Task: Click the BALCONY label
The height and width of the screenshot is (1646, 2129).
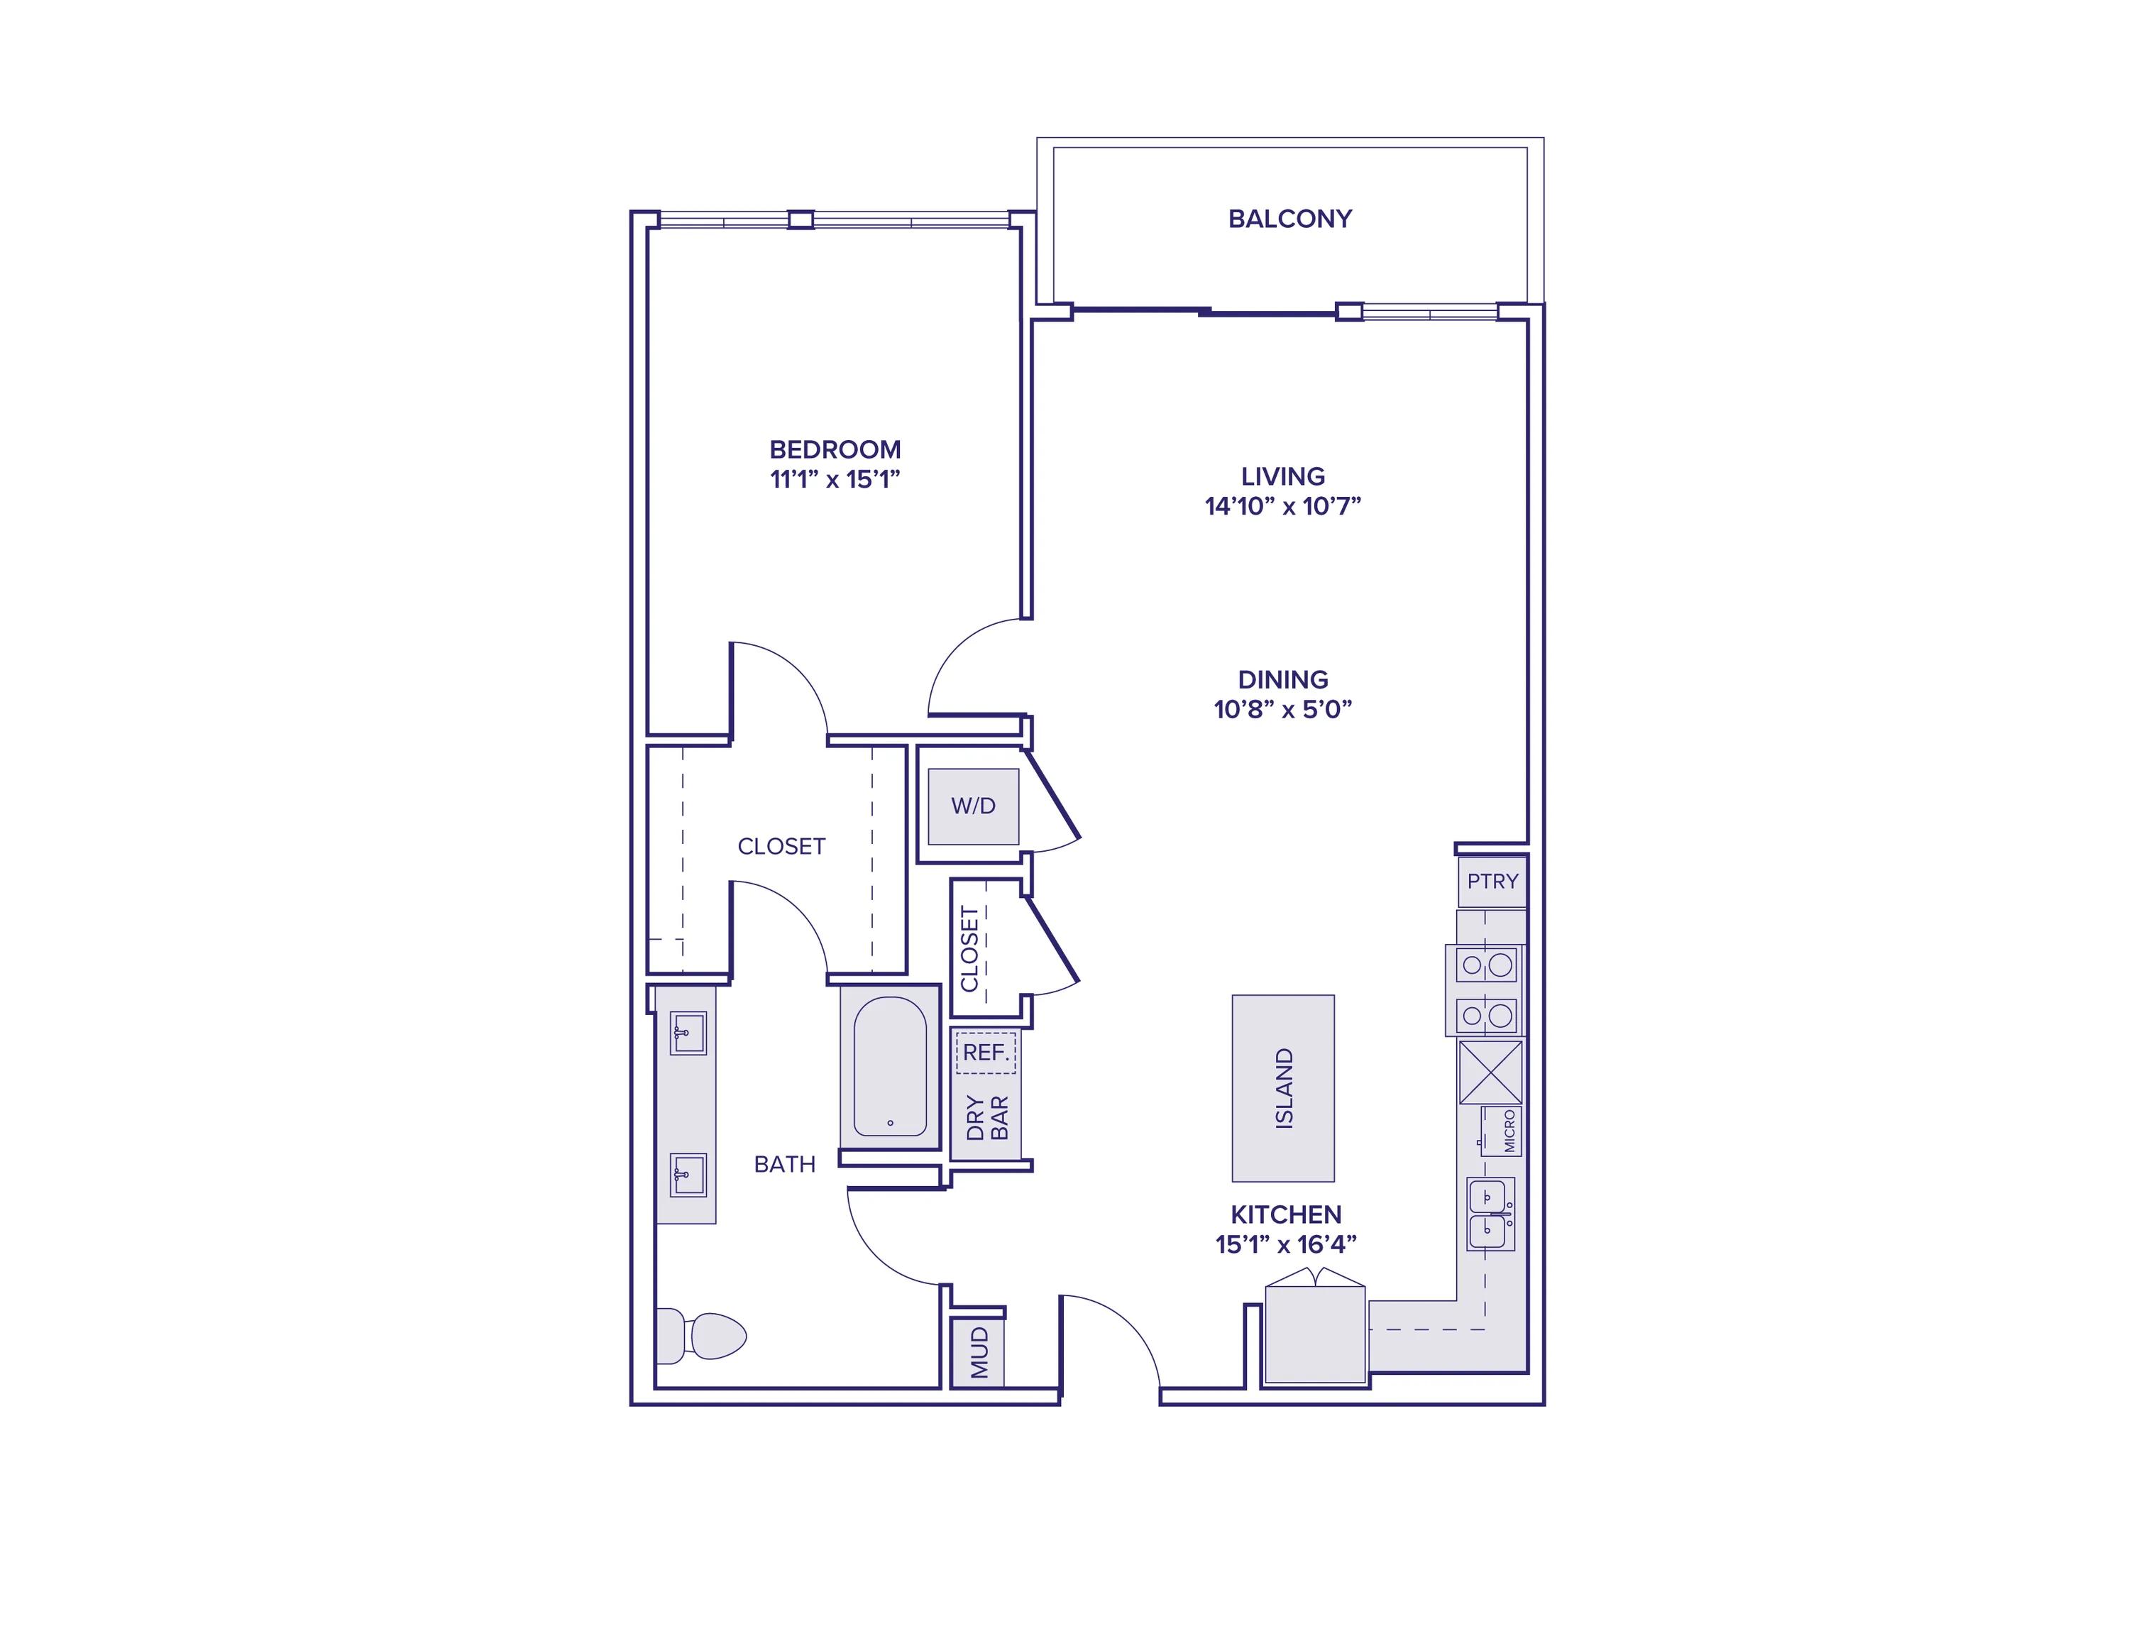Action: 1289,219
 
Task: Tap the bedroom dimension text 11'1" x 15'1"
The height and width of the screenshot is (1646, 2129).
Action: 835,479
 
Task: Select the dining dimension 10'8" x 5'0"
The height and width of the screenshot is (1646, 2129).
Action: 1283,709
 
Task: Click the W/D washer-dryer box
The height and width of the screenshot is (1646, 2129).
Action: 973,806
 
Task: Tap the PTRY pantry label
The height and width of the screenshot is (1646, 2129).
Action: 1492,881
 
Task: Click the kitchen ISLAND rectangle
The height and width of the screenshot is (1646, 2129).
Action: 1283,1088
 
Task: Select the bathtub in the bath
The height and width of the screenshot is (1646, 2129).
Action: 890,1067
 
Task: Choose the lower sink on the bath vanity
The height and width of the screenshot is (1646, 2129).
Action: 688,1175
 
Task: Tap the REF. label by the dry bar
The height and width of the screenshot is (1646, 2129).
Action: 986,1052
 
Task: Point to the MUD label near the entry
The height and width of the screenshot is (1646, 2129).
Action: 979,1352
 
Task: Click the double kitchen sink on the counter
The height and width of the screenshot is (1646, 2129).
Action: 1490,1214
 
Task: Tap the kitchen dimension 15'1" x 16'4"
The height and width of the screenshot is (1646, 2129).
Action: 1286,1244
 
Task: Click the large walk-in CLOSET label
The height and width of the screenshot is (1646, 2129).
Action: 781,846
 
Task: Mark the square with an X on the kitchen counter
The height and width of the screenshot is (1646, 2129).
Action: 1490,1072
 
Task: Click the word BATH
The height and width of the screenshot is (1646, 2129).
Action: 785,1163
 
